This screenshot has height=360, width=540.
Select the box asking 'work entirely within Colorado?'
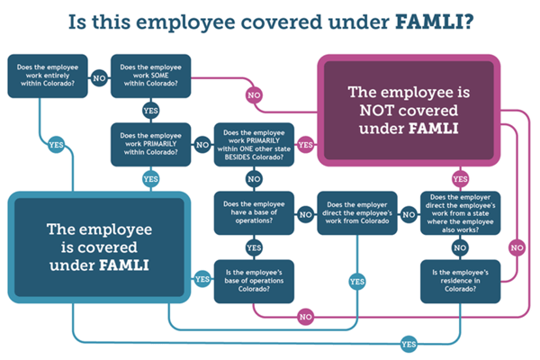48,76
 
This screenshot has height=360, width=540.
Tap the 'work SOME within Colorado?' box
151,76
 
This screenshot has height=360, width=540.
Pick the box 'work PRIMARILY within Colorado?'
151,144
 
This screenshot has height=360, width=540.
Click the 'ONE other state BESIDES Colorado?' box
254,144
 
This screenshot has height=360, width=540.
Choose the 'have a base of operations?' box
254,213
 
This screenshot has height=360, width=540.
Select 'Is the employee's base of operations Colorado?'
254,282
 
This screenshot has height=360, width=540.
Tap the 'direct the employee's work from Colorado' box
357,213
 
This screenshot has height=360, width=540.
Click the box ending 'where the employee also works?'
461,213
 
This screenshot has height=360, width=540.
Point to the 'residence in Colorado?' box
461,282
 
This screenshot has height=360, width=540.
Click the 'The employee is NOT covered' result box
409,110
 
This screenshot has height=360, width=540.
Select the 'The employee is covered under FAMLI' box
99,247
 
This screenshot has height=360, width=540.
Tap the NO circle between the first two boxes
99,78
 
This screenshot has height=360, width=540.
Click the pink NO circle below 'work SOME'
254,95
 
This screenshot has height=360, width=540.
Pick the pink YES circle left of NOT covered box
305,145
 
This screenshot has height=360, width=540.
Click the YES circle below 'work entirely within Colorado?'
56,145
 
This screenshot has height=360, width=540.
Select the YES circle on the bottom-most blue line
409,344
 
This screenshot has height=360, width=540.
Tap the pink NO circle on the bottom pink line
305,317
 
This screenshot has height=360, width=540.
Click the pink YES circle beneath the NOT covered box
461,179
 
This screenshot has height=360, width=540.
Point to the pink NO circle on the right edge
517,247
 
